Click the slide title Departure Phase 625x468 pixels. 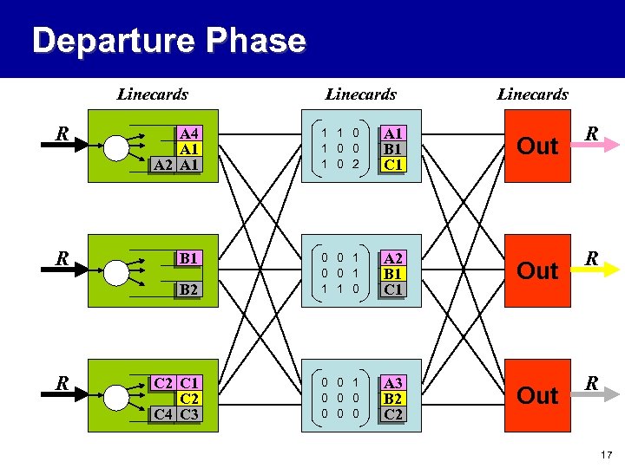pyautogui.click(x=168, y=41)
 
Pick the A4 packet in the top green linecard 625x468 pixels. pyautogui.click(x=188, y=133)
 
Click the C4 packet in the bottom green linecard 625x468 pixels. pyautogui.click(x=161, y=413)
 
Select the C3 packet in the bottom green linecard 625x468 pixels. pyautogui.click(x=188, y=413)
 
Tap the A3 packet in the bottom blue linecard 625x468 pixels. pyautogui.click(x=393, y=382)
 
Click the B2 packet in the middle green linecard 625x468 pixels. pyautogui.click(x=188, y=289)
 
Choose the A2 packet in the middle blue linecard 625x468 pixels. pyautogui.click(x=393, y=257)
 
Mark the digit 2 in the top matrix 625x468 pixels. pyautogui.click(x=355, y=165)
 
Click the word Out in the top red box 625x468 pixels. pyautogui.click(x=537, y=146)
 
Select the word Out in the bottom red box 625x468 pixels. pyautogui.click(x=537, y=396)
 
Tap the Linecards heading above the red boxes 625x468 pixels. pyautogui.click(x=532, y=94)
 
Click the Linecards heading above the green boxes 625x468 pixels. pyautogui.click(x=152, y=94)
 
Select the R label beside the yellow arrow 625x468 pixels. pyautogui.click(x=591, y=258)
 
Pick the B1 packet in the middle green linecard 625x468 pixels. pyautogui.click(x=188, y=257)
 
